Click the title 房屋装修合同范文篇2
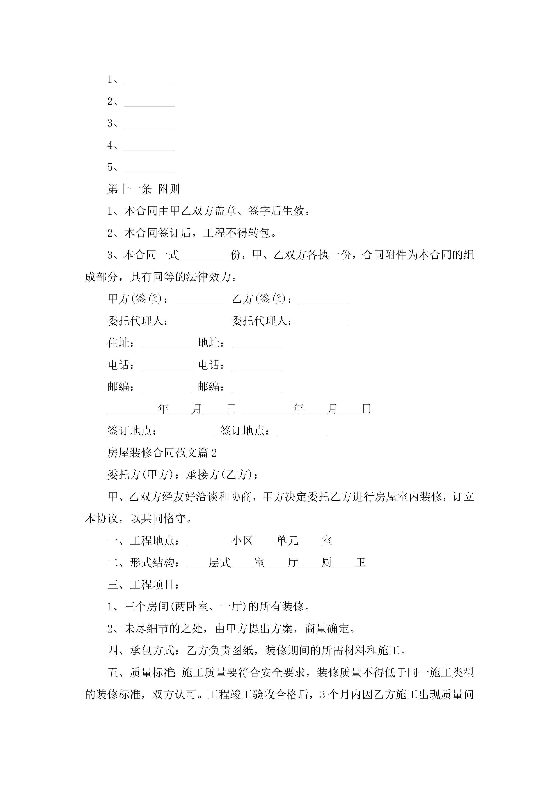point(162,453)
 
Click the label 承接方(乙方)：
point(222,475)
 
